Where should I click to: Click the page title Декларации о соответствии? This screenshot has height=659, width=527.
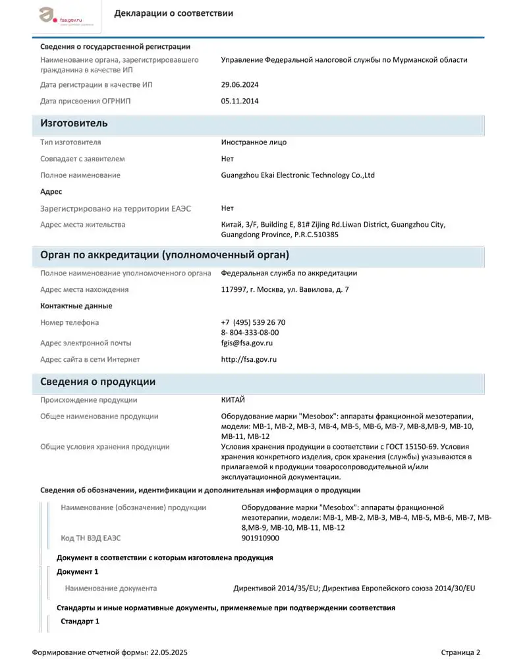[x=173, y=14]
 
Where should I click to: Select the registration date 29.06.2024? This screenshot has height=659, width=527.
[x=240, y=85]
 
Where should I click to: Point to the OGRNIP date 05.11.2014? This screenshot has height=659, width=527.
[x=240, y=101]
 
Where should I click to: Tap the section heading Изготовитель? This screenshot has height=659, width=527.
[x=74, y=124]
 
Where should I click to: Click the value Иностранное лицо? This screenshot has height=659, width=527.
[x=254, y=142]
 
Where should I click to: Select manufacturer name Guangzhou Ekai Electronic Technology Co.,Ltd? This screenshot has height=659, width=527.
[x=298, y=175]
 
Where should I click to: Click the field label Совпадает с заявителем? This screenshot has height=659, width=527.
[x=82, y=159]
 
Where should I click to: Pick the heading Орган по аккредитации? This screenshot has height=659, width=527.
[x=165, y=255]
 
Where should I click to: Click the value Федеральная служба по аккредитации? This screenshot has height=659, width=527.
[x=289, y=273]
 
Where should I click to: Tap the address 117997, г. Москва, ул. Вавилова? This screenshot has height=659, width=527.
[x=285, y=289]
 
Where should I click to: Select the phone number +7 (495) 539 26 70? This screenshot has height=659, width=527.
[x=254, y=322]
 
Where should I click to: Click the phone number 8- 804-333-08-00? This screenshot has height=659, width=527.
[x=250, y=333]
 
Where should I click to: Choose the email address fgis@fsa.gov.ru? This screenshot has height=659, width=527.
[x=247, y=343]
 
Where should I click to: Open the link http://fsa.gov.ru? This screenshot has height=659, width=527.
[x=248, y=360]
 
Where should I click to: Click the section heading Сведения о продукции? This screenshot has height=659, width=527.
[x=97, y=382]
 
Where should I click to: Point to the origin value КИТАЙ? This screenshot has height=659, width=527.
[x=233, y=400]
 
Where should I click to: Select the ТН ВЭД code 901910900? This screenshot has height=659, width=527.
[x=260, y=538]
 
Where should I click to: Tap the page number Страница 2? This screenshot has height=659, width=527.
[x=460, y=652]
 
